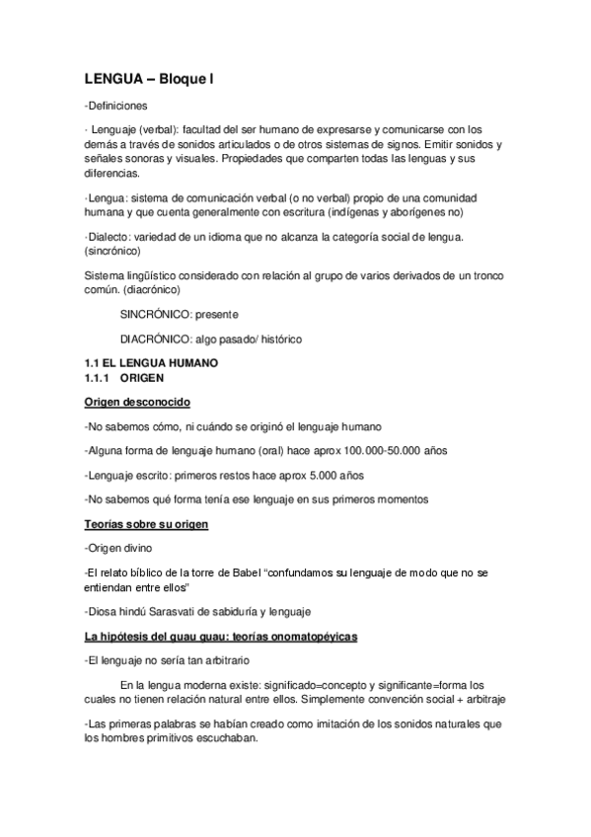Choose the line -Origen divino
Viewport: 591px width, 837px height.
pos(118,548)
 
